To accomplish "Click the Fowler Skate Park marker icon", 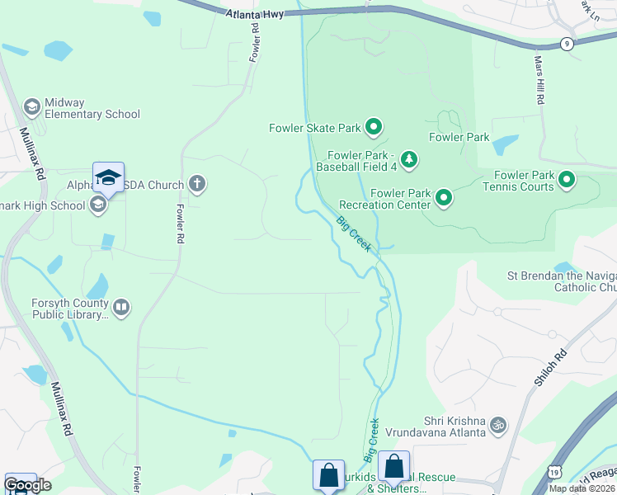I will (x=374, y=127).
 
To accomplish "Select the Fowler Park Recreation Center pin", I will (x=444, y=197).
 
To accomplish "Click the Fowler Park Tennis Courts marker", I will (x=567, y=178).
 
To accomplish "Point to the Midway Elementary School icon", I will (x=32, y=106).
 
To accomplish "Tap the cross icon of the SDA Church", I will (x=196, y=182).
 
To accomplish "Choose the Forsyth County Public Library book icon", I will (x=121, y=308).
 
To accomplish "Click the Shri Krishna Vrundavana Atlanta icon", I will (x=497, y=425).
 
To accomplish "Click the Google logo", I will (x=27, y=485).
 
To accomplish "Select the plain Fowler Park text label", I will (x=459, y=138).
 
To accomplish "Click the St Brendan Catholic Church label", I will (x=561, y=281).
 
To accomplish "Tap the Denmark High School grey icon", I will (x=99, y=205).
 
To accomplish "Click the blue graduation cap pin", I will (x=108, y=177).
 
